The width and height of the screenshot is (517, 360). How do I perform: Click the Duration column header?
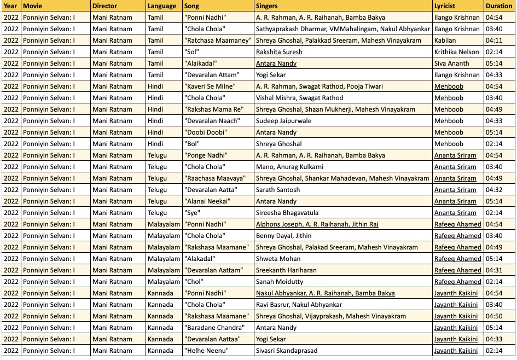click(498, 6)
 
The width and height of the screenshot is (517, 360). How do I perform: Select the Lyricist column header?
click(445, 6)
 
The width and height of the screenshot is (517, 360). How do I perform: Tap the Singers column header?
click(267, 6)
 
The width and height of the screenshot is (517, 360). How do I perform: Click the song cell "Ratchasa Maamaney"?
click(218, 40)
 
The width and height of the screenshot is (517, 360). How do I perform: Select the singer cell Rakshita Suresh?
click(279, 52)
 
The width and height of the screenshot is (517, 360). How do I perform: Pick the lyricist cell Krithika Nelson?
click(456, 52)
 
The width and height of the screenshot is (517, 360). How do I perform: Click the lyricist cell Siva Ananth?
click(451, 63)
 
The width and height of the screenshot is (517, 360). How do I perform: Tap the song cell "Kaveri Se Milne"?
click(210, 86)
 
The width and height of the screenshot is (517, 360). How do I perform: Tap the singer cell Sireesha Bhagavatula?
click(287, 213)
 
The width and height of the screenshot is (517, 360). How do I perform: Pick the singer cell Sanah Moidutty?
click(280, 282)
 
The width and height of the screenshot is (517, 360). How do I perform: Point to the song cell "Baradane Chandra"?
click(214, 328)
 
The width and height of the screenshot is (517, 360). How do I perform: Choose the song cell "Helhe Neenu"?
click(206, 351)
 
